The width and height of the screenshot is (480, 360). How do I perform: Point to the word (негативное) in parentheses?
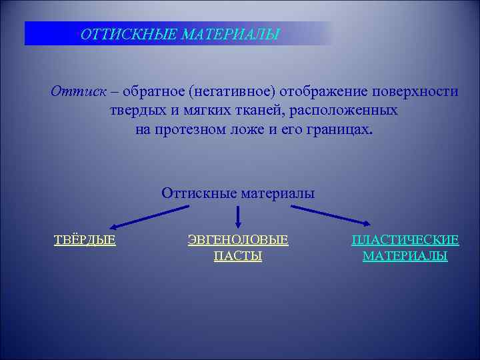pos(234,91)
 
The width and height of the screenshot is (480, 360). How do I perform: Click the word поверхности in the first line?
pos(418,91)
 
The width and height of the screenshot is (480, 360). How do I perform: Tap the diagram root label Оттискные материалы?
pos(238,193)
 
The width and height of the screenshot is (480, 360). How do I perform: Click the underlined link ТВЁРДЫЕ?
pos(85,239)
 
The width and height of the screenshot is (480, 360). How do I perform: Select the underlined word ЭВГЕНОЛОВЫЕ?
pos(238,239)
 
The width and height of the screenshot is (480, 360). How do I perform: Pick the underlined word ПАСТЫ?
pos(238,256)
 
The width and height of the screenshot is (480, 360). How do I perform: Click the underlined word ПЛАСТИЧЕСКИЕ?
pos(405,239)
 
